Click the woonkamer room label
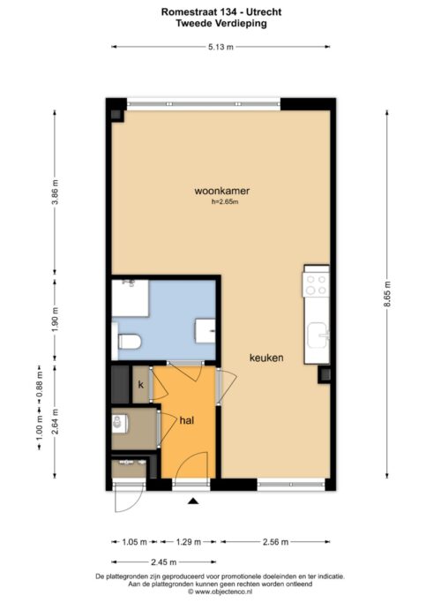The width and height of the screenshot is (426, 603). click(x=222, y=191)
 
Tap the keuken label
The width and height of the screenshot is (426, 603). click(x=266, y=358)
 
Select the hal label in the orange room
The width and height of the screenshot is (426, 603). click(x=187, y=420)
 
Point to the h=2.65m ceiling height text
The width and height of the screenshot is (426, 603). click(x=225, y=202)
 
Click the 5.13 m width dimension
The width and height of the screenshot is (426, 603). click(x=220, y=47)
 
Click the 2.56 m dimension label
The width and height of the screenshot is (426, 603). click(x=275, y=542)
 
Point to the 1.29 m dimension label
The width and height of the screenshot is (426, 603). click(x=188, y=542)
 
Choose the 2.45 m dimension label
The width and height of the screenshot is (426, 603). click(x=164, y=562)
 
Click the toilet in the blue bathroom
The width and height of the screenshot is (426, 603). click(x=130, y=342)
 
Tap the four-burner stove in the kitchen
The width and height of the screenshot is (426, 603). click(x=316, y=284)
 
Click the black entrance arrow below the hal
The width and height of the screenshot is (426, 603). click(x=193, y=501)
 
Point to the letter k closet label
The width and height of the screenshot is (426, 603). click(x=141, y=385)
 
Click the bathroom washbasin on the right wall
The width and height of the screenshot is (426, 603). click(x=206, y=331)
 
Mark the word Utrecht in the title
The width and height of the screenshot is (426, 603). click(x=265, y=12)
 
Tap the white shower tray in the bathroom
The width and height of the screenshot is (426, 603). click(x=130, y=298)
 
